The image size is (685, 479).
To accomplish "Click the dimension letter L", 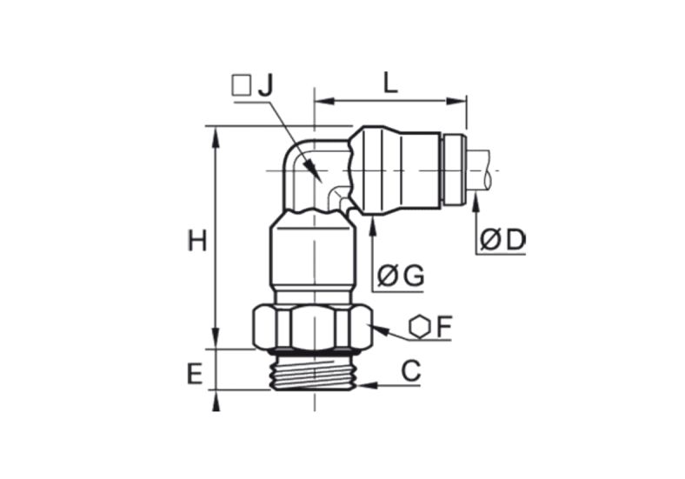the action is click(x=390, y=83).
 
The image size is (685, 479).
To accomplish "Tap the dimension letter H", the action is click(x=197, y=241).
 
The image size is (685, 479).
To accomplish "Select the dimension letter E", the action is click(x=195, y=375).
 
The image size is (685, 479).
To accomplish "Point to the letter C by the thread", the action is click(x=410, y=370).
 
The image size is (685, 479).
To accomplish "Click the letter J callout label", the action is click(x=266, y=86).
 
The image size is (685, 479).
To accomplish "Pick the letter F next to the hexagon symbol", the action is click(x=444, y=327).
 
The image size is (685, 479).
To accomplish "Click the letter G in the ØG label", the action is click(x=414, y=276).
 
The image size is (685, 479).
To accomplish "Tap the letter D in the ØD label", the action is click(x=515, y=240).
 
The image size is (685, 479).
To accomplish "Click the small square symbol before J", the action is click(x=242, y=86).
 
